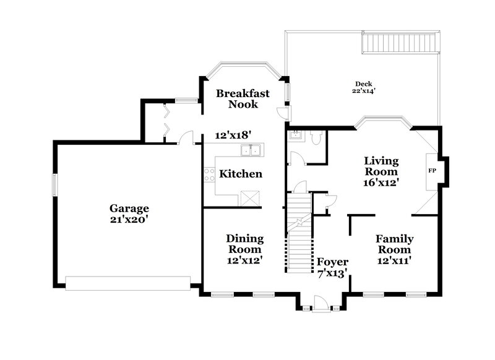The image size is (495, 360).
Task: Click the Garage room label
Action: [129, 208]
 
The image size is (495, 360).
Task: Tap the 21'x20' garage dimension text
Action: [129, 220]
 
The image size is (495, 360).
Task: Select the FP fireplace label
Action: [432, 170]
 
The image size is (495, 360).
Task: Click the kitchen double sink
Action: [251, 149]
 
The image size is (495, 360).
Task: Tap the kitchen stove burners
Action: [209, 174]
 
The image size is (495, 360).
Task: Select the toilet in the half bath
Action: [316, 137]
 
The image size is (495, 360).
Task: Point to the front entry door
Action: [320, 303]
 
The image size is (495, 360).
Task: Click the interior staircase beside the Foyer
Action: [298, 238]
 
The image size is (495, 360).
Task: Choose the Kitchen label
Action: [241, 174]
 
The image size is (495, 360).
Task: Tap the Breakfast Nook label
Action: [242, 99]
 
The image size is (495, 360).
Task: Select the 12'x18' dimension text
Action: [230, 135]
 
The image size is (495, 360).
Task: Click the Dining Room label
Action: [244, 244]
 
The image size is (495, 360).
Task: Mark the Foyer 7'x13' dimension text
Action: [333, 272]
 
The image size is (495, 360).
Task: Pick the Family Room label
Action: [394, 244]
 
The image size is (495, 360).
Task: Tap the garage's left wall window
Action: [54, 184]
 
